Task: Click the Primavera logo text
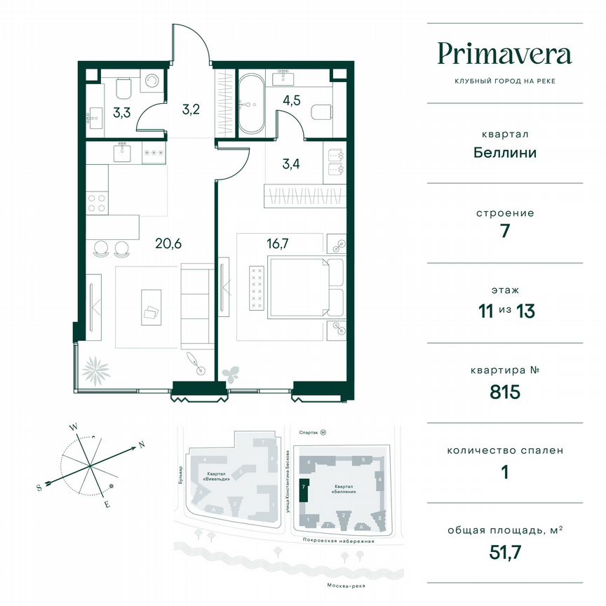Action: tap(504, 54)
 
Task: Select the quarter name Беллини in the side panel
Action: tap(504, 152)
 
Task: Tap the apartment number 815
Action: tap(504, 392)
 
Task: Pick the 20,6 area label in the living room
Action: tap(168, 244)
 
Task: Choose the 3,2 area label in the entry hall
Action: tap(182, 109)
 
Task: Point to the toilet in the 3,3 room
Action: tap(123, 88)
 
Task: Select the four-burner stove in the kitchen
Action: tap(98, 203)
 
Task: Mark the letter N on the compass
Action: tap(141, 445)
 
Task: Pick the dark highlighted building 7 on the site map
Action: tap(304, 490)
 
